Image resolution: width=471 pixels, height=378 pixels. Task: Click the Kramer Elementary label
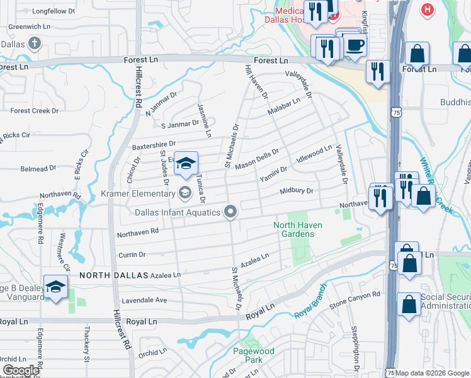[139, 194]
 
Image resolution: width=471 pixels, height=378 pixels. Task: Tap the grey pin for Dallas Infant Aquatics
[231, 212]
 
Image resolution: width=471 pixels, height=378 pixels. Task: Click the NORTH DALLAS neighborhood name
[113, 275]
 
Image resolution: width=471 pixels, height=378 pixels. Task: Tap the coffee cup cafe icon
[355, 45]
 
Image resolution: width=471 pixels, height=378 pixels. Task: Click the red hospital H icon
[428, 10]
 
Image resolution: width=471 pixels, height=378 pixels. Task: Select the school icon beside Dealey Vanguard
[55, 287]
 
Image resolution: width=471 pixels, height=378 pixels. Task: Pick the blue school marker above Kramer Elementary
[186, 164]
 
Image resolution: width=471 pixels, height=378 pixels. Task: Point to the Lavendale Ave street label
[144, 301]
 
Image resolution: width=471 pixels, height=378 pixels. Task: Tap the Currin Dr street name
[132, 255]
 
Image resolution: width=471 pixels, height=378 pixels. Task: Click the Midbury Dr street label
[296, 190]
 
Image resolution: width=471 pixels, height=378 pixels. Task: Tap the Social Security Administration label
[445, 301]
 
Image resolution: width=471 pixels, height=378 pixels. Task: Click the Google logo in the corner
[21, 370]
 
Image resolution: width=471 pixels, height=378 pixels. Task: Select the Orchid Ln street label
[152, 353]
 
